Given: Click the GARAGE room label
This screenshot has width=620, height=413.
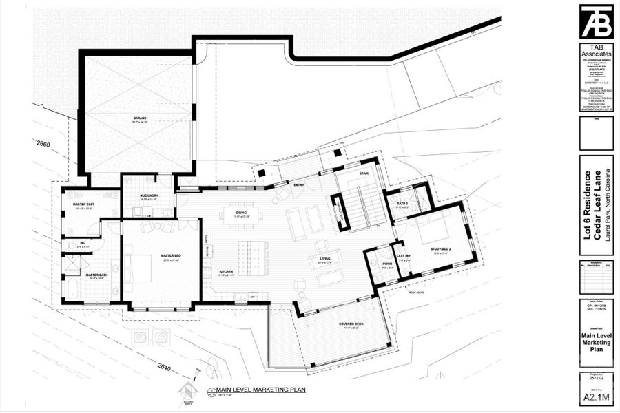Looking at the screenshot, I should pyautogui.click(x=140, y=118).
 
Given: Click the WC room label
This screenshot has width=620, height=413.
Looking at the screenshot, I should pyautogui.click(x=81, y=243).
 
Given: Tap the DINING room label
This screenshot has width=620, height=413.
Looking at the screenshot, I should pyautogui.click(x=241, y=213).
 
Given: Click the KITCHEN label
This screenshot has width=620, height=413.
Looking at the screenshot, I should pyautogui.click(x=226, y=272).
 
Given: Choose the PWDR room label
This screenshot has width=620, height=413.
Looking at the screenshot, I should pyautogui.click(x=386, y=264).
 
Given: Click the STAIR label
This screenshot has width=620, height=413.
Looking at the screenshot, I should pyautogui.click(x=364, y=174).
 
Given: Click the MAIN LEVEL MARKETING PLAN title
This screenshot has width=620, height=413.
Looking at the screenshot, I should pyautogui.click(x=260, y=389).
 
